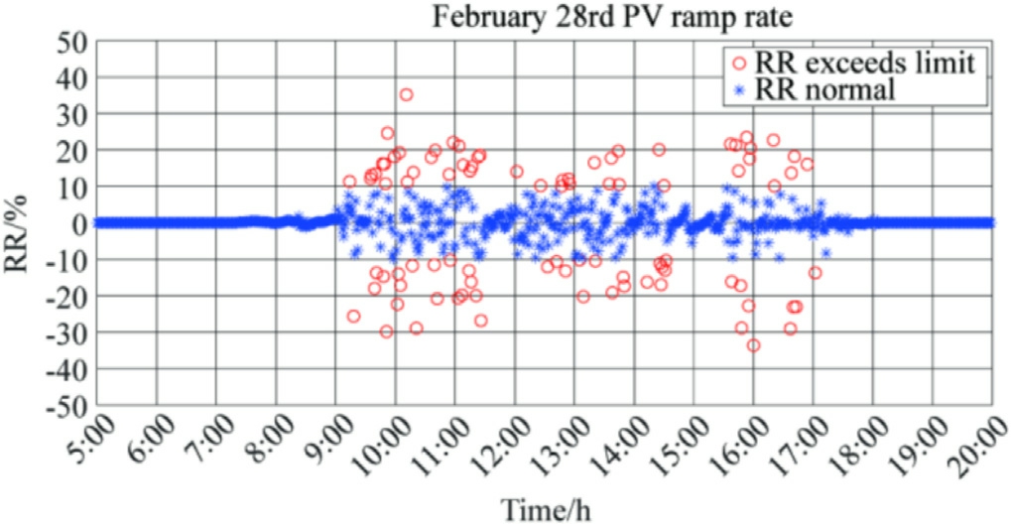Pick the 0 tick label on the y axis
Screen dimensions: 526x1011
pyautogui.click(x=77, y=223)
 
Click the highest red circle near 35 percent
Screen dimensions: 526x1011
pyautogui.click(x=406, y=95)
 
